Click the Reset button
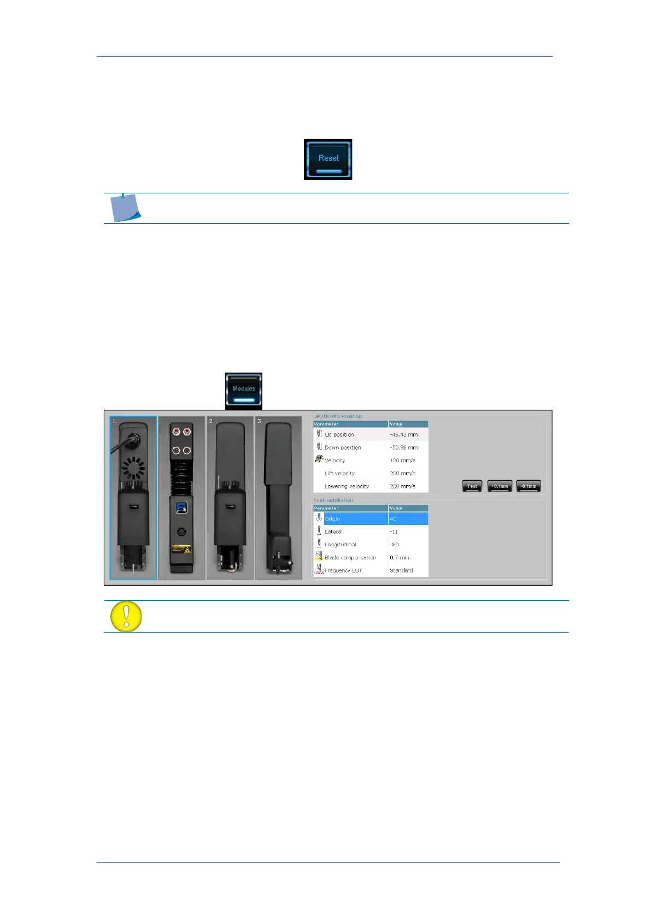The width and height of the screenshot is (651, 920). (x=328, y=158)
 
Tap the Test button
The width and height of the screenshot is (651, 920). (x=472, y=486)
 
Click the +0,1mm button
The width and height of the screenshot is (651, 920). (x=499, y=486)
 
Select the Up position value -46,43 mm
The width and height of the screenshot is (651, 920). (x=404, y=435)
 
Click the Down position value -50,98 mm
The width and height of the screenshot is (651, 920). (x=404, y=447)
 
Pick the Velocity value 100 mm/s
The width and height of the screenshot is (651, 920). (x=403, y=461)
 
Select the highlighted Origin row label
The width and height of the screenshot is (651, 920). (x=332, y=519)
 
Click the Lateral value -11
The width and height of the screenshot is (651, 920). (x=394, y=532)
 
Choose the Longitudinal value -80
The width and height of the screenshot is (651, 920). (x=395, y=545)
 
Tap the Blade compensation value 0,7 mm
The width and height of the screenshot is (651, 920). (x=400, y=558)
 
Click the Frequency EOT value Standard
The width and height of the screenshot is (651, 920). (x=401, y=570)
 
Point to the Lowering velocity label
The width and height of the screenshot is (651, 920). (x=347, y=486)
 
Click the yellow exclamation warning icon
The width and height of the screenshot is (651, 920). (x=126, y=616)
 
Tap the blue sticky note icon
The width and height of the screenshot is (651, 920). (x=125, y=208)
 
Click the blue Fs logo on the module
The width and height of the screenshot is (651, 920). (x=181, y=508)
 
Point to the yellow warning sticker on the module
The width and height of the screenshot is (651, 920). (x=181, y=549)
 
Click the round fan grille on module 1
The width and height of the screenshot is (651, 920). (x=133, y=468)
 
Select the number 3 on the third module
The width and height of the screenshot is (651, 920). (x=259, y=421)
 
